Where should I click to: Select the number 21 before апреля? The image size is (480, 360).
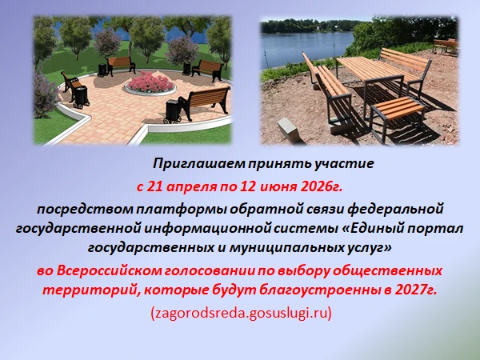point(154,186)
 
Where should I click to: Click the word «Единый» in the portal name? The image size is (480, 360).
point(375,229)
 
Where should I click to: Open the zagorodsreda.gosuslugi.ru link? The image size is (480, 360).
point(241,314)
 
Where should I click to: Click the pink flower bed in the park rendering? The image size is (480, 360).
point(150,82)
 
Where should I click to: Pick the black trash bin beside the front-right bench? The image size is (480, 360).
point(172,111)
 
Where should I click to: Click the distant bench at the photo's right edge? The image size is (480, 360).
point(446,46)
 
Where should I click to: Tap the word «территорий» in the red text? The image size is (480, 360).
point(90,290)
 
